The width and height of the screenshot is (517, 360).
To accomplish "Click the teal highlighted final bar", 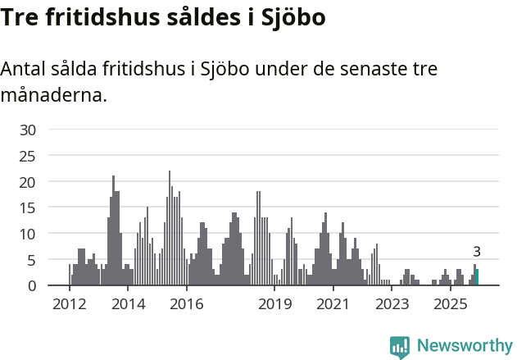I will [x=477, y=277].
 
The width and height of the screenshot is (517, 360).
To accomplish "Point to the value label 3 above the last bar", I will [x=476, y=252].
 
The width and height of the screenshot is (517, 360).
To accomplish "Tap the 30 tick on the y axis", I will [x=28, y=130].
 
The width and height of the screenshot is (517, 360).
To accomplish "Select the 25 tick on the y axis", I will [x=28, y=156].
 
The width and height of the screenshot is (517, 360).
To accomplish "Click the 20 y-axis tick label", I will [x=28, y=181].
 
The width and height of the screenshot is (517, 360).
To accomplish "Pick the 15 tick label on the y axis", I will [x=28, y=207].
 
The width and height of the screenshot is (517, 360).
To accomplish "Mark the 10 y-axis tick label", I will [x=28, y=234].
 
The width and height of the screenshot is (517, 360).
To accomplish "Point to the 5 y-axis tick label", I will [x=32, y=260].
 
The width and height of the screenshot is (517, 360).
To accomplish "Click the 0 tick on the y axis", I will [x=32, y=285].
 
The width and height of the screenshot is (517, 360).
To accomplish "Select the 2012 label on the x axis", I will [x=70, y=305].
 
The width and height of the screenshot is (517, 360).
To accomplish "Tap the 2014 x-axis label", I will [x=128, y=305].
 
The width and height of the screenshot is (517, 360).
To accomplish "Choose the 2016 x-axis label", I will [x=187, y=305].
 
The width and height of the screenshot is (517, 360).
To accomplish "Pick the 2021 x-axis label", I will [x=333, y=305].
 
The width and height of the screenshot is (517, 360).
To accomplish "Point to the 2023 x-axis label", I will [x=392, y=305].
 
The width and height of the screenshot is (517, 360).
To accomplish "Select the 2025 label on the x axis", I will [x=450, y=305].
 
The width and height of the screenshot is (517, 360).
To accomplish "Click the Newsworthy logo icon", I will [x=400, y=346].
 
